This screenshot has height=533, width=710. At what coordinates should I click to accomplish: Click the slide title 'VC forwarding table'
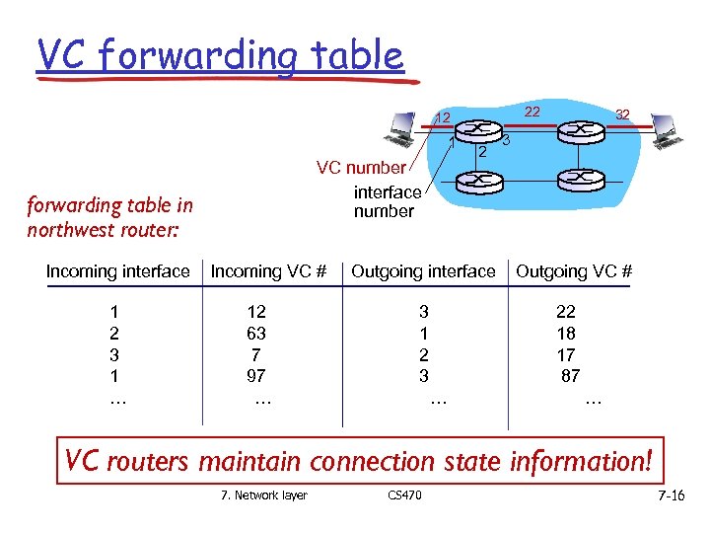220,56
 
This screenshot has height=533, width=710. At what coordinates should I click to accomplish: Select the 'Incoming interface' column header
117,271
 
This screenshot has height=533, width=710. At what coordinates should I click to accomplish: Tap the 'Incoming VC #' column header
268,271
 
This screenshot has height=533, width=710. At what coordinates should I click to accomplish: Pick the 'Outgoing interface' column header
423,271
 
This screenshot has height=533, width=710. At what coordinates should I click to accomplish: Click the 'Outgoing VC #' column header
574,271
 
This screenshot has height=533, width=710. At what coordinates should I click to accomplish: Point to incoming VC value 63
256,334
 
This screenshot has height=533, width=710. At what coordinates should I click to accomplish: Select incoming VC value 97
256,376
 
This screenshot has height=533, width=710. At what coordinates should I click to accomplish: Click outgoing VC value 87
570,376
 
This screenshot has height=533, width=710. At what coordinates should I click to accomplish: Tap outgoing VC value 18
566,334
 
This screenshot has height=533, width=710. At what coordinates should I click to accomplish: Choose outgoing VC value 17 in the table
566,355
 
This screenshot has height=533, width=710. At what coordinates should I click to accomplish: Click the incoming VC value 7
256,355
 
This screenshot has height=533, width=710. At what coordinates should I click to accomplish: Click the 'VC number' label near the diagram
361,168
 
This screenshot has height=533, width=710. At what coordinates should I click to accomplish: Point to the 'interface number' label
387,201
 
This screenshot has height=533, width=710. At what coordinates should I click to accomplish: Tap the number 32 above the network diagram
622,114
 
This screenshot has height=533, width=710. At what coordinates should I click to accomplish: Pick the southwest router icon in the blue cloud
477,180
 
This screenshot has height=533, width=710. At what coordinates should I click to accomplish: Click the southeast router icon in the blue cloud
574,179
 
